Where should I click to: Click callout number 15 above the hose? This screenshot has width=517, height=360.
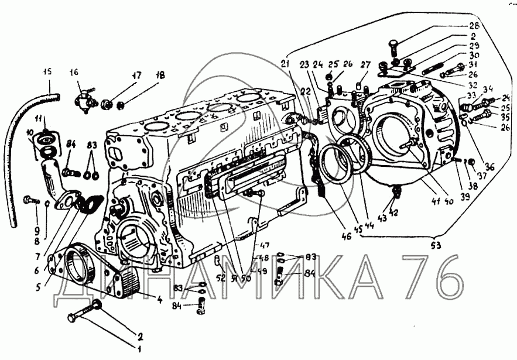pos(48,72)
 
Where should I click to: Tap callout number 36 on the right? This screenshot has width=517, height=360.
pos(489,166)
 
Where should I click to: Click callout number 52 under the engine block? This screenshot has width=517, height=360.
pos(220,278)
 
